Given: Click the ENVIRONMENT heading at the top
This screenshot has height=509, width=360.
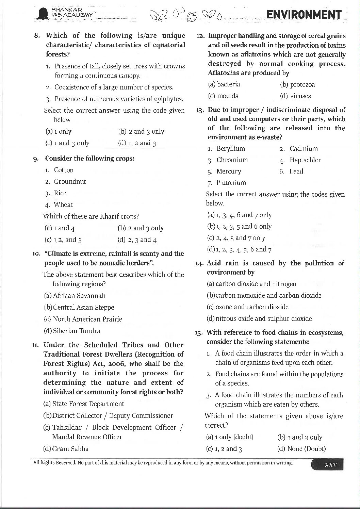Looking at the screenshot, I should tap(304, 15).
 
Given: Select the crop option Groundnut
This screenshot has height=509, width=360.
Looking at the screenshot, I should tap(70, 182).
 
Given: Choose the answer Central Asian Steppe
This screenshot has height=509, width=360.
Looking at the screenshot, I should tap(79, 308).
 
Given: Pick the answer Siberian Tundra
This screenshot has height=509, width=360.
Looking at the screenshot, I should tap(72, 331).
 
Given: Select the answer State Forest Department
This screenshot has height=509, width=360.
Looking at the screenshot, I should tap(84, 404).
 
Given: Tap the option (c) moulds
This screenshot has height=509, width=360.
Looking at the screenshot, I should tap(223, 96).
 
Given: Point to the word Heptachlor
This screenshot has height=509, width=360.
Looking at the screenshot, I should tap(305, 160).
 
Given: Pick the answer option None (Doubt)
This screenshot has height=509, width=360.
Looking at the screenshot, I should tap(301, 449).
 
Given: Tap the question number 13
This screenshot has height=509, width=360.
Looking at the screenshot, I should tap(200, 110).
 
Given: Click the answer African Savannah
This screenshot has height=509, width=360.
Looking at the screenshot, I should tap(75, 296).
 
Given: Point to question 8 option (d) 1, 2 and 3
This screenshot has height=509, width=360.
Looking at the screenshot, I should tap(137, 143).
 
